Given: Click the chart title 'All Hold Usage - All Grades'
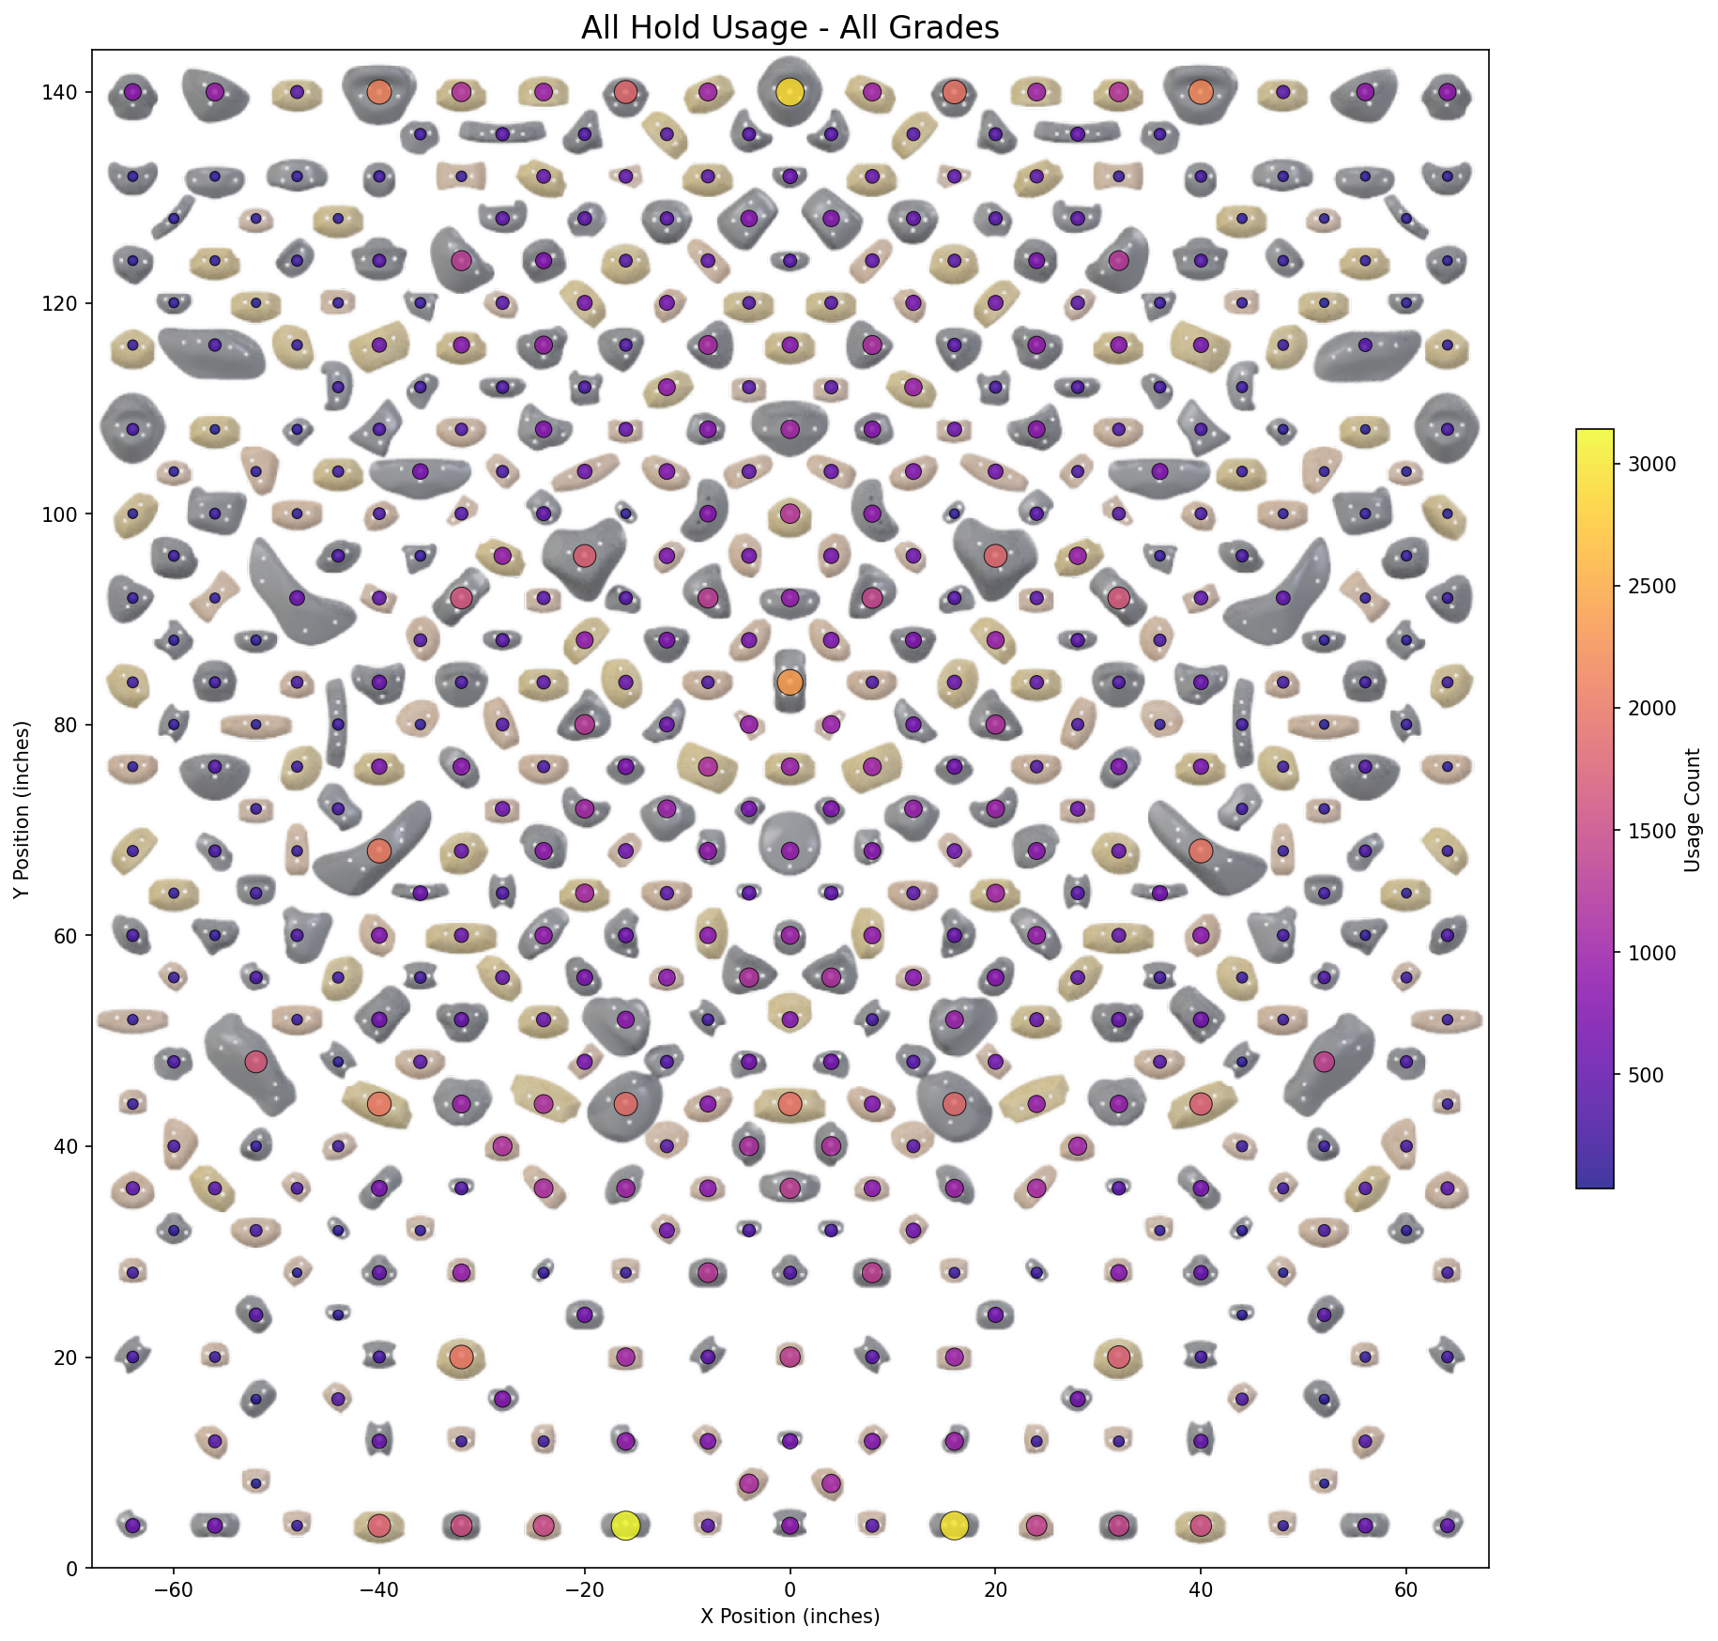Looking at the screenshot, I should (x=790, y=28).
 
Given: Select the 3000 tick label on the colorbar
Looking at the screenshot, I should (x=1651, y=464).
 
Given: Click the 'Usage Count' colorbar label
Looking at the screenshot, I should (x=1693, y=809).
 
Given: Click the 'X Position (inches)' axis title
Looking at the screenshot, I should (x=790, y=1617).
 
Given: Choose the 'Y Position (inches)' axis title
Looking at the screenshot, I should (x=22, y=809).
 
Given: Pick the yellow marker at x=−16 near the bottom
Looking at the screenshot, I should (x=625, y=1526).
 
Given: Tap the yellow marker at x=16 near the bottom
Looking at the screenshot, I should (x=954, y=1526).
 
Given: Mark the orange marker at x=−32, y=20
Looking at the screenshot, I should (x=461, y=1357).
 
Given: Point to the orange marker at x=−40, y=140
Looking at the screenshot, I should (x=378, y=92).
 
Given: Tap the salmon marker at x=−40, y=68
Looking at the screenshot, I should (x=378, y=851).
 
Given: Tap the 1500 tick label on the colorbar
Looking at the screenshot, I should (x=1651, y=831).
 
